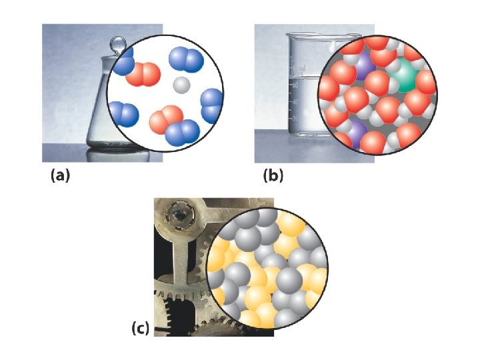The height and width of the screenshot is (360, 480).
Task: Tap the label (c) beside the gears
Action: click(140, 328)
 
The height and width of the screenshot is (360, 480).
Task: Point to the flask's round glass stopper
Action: click(118, 45)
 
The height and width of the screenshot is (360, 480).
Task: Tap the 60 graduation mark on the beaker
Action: click(295, 85)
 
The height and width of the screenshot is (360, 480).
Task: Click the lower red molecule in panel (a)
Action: click(163, 120)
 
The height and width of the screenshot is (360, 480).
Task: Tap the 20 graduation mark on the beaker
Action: click(295, 117)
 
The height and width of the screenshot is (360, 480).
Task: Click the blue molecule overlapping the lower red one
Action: click(183, 131)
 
